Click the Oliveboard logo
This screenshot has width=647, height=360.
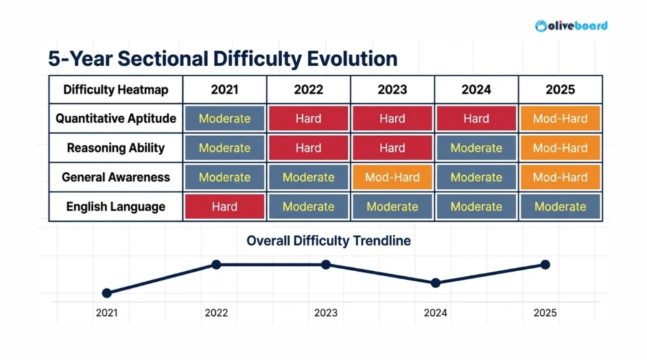pos(571,26)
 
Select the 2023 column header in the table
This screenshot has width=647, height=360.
pos(392,90)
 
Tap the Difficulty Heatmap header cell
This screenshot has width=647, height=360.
pos(115,90)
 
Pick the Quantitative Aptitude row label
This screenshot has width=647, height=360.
pos(115,119)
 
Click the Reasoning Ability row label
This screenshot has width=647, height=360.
pos(115,148)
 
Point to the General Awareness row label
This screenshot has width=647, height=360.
pos(115,177)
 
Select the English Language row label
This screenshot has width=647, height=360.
pos(115,206)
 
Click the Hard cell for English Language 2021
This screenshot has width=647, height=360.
pos(224,206)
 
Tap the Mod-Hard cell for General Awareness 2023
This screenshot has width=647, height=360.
pos(392,178)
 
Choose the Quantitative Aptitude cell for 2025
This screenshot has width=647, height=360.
pos(560,119)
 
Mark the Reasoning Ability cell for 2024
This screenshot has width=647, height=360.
pos(476,148)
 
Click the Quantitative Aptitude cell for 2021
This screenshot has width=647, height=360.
pos(224,119)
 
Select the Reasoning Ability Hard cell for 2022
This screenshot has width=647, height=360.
pos(308,148)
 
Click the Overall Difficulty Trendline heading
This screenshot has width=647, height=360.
pos(329,241)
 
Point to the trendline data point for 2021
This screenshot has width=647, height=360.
pos(106,293)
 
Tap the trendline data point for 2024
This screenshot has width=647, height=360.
pos(435,283)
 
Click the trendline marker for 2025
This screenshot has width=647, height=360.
pos(545,265)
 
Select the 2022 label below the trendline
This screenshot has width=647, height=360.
pos(216,313)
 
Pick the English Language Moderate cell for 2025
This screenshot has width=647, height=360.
pos(560,206)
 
